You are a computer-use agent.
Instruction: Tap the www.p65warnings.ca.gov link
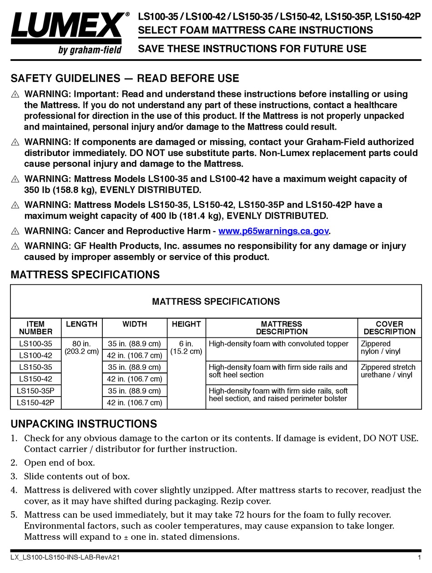click(273, 231)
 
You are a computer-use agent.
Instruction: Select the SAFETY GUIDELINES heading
click(125, 78)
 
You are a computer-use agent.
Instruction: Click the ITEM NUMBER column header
click(35, 327)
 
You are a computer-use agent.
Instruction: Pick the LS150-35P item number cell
click(35, 391)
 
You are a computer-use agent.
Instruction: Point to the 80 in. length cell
click(81, 347)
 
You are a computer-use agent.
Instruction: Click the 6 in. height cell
click(186, 347)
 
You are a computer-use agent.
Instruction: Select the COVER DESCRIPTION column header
click(389, 327)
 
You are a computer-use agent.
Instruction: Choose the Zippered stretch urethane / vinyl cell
click(387, 371)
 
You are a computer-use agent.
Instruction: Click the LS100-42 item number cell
click(35, 356)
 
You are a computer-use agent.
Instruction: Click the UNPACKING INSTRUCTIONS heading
click(84, 424)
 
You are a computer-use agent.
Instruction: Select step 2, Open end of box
click(59, 462)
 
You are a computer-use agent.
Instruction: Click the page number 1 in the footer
click(418, 557)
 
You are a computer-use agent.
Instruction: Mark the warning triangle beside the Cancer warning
click(15, 231)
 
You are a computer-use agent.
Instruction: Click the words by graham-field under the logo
click(90, 50)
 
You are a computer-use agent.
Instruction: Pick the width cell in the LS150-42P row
click(135, 402)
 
